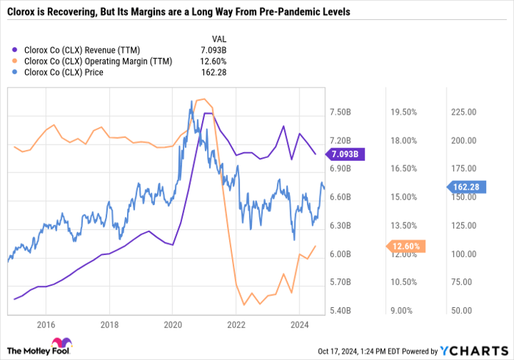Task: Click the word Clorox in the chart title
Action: pyautogui.click(x=22, y=12)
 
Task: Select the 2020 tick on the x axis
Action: pyautogui.click(x=173, y=324)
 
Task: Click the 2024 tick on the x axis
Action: pyautogui.click(x=300, y=324)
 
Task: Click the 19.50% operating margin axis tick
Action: pyautogui.click(x=403, y=112)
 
